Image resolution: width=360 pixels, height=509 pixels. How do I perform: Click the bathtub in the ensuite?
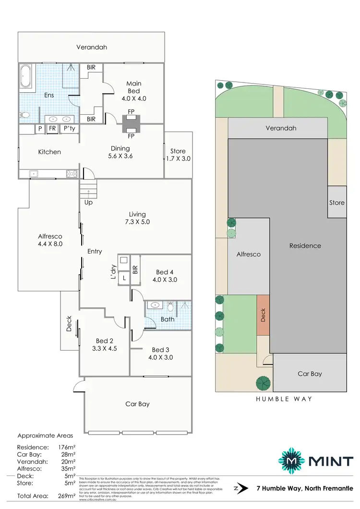point(27,78)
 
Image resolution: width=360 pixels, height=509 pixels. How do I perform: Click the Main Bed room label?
point(134,91)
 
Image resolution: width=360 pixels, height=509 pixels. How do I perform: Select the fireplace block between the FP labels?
point(131,124)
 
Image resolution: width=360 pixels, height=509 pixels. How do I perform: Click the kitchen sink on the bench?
point(34,174)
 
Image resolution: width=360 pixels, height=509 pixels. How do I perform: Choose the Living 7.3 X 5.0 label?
point(137,218)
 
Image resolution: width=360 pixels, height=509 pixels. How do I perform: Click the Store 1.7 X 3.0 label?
point(178,155)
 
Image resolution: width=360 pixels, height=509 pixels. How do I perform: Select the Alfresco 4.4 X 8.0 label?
point(50,240)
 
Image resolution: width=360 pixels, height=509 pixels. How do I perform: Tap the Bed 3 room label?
point(162,353)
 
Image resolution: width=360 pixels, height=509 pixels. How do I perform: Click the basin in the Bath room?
point(155,305)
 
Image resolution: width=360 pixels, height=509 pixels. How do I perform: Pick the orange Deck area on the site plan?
point(263,315)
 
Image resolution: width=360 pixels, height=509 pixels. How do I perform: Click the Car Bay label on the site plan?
point(310,374)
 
